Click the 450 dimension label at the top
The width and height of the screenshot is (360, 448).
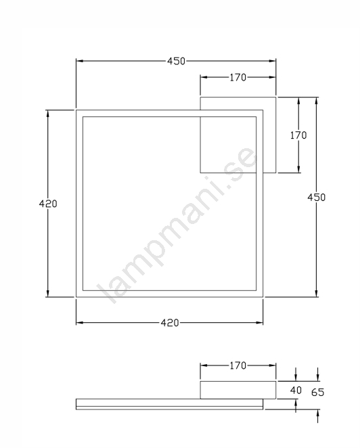[x=176, y=61]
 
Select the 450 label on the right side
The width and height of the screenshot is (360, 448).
[x=316, y=198]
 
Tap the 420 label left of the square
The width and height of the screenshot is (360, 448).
[x=48, y=204]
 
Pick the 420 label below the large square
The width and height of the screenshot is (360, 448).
[x=170, y=323]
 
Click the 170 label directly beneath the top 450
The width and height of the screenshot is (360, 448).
[x=238, y=77]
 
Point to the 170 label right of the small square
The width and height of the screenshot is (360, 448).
[x=298, y=135]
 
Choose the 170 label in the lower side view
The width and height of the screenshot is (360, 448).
[x=238, y=365]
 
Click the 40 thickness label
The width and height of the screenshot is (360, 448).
[x=296, y=390]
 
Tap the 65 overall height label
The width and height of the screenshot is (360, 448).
[x=318, y=393]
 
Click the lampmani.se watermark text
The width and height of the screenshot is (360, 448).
[x=177, y=225]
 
